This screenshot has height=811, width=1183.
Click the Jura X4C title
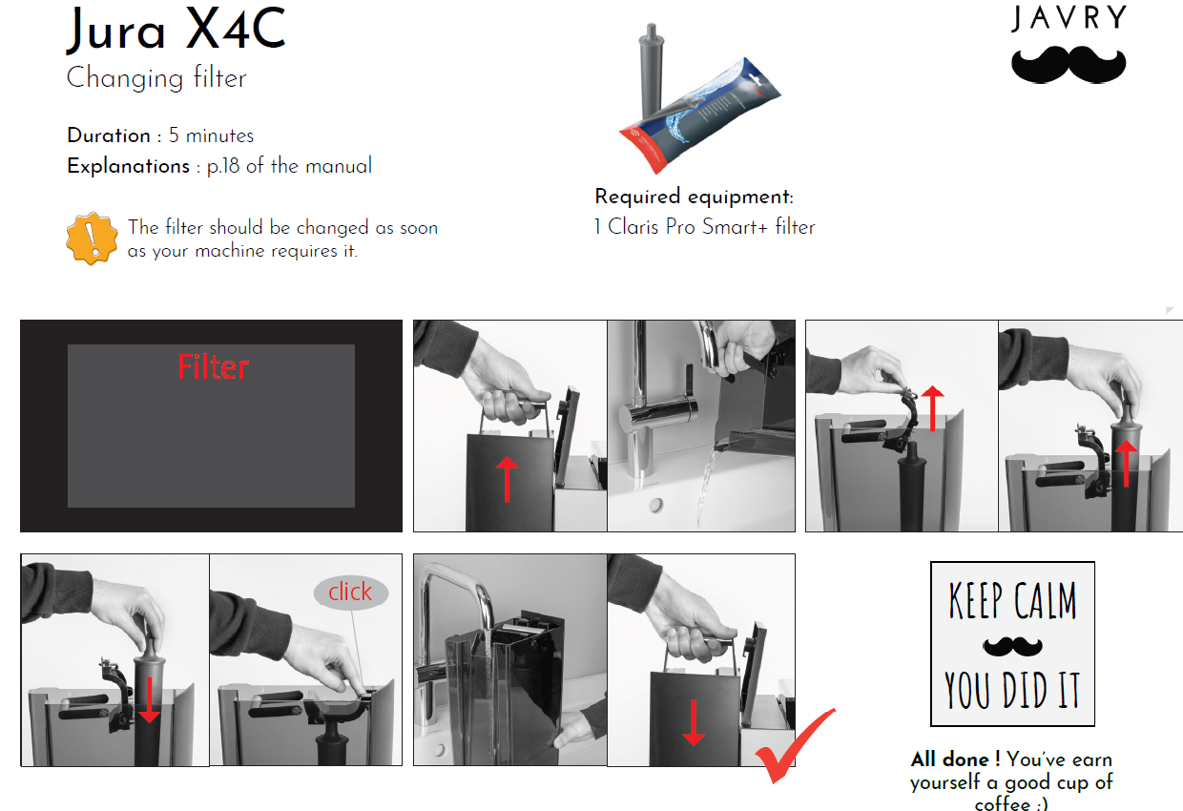176,30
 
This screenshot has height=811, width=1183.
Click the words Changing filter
156,77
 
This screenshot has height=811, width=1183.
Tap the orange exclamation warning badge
92,239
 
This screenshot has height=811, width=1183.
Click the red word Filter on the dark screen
213,366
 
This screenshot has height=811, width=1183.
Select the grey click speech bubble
351,593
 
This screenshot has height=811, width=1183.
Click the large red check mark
795,746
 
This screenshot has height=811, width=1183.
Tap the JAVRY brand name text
1069,18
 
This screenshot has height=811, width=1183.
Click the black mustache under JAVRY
1069,65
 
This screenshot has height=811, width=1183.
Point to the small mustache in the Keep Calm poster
1012,646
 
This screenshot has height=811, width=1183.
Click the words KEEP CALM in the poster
1012,600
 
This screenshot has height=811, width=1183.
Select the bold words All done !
955,759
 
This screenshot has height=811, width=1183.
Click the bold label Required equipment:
694,197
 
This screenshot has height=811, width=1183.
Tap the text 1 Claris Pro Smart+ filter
704,227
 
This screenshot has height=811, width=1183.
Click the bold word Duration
109,135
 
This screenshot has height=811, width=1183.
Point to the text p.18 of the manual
289,166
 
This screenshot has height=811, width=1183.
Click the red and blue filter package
700,115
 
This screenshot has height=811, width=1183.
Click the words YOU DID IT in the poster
1012,690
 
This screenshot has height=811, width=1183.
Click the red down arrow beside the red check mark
694,722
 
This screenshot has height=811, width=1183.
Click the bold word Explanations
129,166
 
